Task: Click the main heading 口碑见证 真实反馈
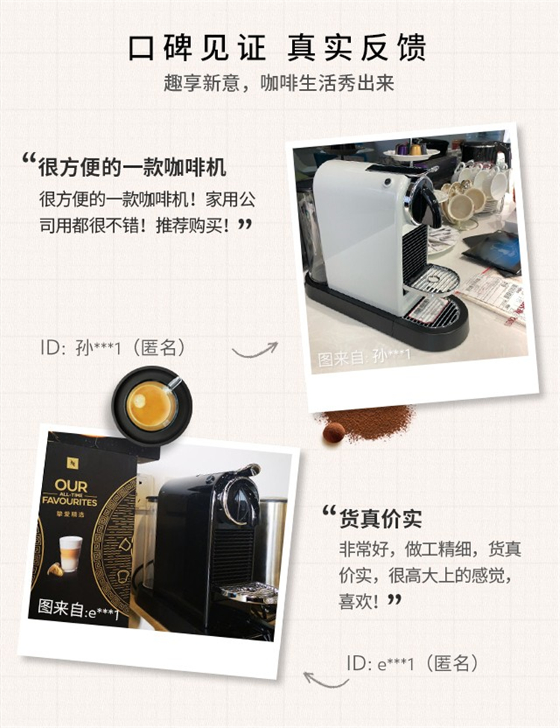click(277, 47)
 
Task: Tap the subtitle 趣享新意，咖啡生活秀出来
click(279, 83)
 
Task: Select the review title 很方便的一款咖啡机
click(132, 167)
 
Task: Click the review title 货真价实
click(380, 518)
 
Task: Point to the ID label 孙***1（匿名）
click(113, 346)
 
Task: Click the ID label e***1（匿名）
click(412, 664)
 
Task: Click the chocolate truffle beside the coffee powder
click(334, 433)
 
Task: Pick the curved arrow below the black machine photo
click(325, 681)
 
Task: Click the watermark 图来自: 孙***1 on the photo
click(364, 357)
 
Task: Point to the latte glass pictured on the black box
click(70, 554)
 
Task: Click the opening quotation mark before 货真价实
click(329, 511)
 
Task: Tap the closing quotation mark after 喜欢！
click(394, 600)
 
